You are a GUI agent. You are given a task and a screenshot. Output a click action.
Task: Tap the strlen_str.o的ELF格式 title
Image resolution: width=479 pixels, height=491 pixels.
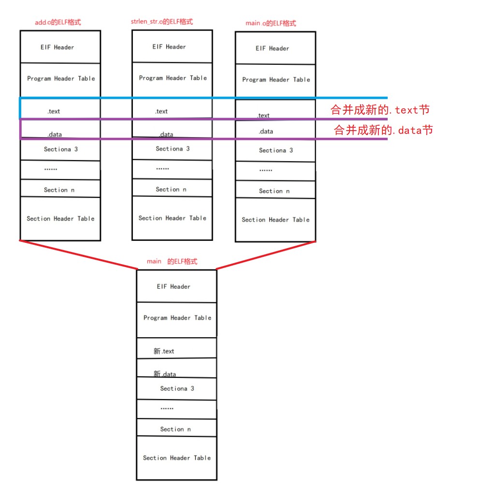click(x=162, y=22)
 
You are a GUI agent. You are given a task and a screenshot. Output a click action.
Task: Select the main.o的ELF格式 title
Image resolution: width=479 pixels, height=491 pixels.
click(x=271, y=23)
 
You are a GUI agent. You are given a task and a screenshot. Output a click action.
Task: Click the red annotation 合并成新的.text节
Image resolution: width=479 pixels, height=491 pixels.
click(x=380, y=110)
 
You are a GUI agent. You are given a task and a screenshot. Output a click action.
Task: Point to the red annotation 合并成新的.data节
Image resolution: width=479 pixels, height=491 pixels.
click(x=383, y=130)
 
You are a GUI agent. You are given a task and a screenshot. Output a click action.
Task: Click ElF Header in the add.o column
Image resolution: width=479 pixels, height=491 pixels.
click(x=57, y=47)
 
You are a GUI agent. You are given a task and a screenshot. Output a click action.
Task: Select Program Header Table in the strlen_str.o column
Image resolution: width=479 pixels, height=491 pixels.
click(x=173, y=78)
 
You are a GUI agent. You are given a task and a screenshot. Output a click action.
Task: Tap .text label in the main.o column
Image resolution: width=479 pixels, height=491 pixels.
click(x=263, y=116)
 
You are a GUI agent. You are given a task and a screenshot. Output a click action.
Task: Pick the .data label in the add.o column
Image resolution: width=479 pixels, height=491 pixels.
click(x=55, y=134)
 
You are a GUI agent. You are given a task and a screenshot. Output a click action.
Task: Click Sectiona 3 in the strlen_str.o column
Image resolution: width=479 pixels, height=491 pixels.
click(x=173, y=149)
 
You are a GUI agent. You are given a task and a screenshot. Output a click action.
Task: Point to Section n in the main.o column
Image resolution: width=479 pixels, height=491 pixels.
click(x=274, y=191)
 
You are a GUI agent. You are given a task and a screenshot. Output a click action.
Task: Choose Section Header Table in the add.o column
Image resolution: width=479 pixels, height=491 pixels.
click(x=60, y=219)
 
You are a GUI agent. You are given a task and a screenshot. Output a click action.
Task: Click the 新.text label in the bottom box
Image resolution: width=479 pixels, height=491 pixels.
click(x=164, y=351)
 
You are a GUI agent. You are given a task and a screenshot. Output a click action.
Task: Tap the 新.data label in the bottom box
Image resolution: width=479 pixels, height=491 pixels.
click(x=165, y=374)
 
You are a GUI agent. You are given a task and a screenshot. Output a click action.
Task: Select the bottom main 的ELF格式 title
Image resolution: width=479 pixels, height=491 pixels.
click(x=172, y=261)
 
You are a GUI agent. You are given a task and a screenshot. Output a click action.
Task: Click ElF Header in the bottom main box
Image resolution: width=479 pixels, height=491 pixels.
click(x=174, y=286)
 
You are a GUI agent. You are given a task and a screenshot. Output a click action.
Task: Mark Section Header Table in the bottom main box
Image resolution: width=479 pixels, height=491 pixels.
click(x=177, y=458)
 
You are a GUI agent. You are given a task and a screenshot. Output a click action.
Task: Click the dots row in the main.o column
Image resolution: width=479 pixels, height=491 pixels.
click(x=265, y=170)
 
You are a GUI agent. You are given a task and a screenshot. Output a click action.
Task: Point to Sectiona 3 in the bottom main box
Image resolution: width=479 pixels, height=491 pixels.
click(x=177, y=388)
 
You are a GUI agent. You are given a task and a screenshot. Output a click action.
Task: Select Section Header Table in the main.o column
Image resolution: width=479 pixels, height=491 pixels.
click(x=276, y=220)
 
